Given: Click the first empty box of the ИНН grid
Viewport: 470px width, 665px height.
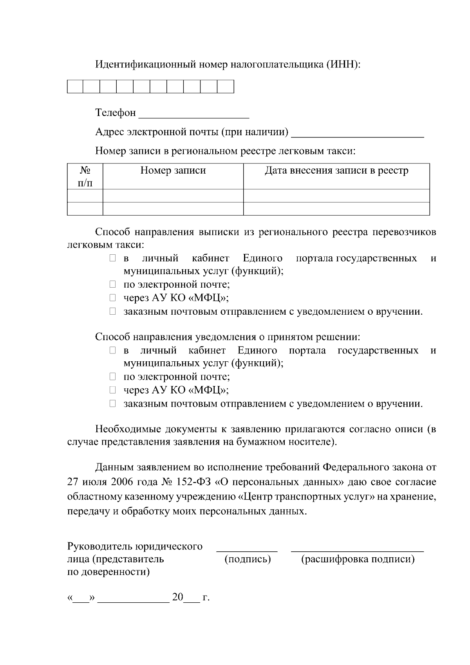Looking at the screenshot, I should pyautogui.click(x=75, y=87).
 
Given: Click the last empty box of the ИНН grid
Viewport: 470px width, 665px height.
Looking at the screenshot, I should pyautogui.click(x=226, y=87).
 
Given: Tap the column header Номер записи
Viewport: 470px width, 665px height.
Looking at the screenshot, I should pyautogui.click(x=173, y=171).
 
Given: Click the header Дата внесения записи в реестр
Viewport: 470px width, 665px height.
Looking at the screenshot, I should pyautogui.click(x=336, y=171).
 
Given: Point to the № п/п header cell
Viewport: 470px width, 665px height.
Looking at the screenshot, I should pyautogui.click(x=85, y=176).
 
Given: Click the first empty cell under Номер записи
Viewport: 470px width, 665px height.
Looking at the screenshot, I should pyautogui.click(x=173, y=196).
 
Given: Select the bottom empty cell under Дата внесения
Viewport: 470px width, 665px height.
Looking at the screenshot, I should pyautogui.click(x=336, y=209).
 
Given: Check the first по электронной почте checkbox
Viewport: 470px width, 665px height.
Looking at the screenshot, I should pyautogui.click(x=113, y=284).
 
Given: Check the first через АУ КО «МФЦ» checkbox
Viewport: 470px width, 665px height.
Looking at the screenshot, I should pyautogui.click(x=113, y=298).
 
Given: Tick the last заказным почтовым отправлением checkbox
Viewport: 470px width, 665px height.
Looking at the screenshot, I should pyautogui.click(x=113, y=404).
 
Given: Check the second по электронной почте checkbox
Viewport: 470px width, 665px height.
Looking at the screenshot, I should pyautogui.click(x=113, y=377).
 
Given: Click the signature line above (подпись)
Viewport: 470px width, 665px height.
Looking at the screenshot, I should pyautogui.click(x=247, y=551).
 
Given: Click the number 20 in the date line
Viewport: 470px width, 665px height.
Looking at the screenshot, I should pyautogui.click(x=177, y=598).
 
